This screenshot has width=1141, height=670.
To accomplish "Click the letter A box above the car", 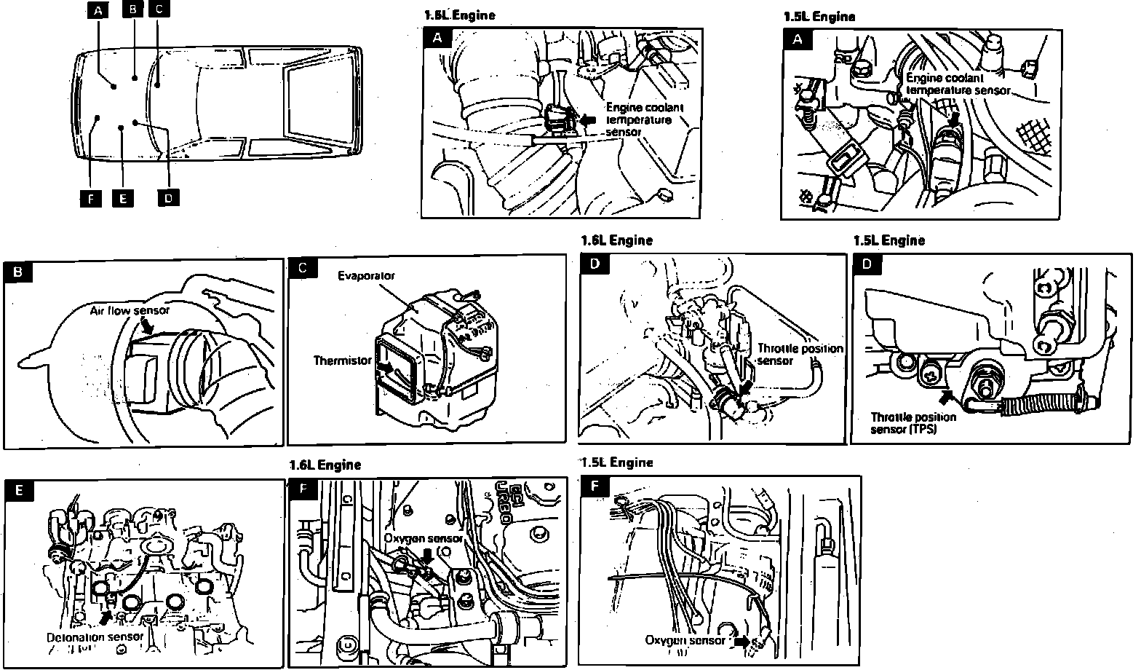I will pos(98,10).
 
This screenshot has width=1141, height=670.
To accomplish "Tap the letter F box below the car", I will pos(90,197).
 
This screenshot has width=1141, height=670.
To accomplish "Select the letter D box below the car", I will pos(168,197).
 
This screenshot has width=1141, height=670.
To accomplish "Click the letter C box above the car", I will pos(159,9).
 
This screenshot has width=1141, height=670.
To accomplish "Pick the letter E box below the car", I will pos(123,198).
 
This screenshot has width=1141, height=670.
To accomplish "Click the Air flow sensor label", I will pos(130,310).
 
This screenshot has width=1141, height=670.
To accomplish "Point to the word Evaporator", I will pos(366,276).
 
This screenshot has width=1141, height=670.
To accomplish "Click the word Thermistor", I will pos(342,360).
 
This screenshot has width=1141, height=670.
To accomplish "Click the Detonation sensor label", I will pos(95,636).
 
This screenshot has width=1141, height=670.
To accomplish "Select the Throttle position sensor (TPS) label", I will pos(913,423).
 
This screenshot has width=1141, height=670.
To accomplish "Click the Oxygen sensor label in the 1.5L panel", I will pos(685,640).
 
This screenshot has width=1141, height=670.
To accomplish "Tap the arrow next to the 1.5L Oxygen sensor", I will pos(742,642).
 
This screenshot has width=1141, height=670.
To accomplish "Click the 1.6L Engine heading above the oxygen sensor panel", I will pos(325,465).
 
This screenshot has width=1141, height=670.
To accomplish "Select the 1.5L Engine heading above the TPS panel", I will pos(888,240).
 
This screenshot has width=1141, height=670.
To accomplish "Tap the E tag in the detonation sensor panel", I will pos(18,490).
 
